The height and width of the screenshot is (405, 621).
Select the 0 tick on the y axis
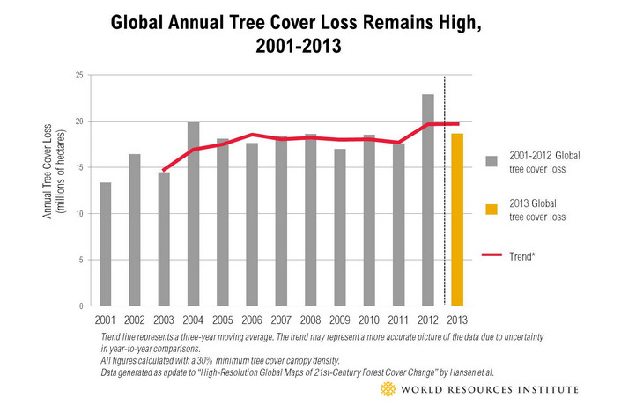tap(79, 306)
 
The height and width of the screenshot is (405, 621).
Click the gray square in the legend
tap(492, 161)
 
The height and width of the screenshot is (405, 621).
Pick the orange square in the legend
tap(492, 210)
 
